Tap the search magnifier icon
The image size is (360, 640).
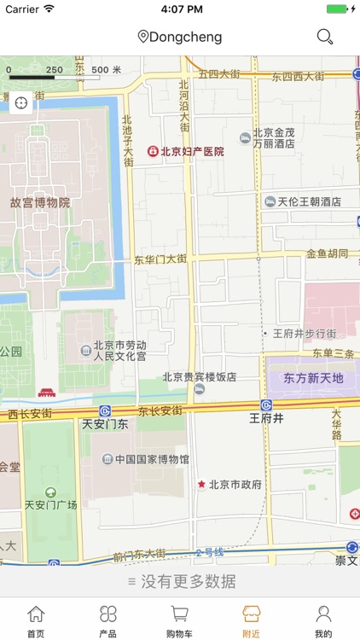click(325, 37)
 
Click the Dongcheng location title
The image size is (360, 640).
click(180, 37)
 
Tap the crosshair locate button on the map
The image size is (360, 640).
click(20, 102)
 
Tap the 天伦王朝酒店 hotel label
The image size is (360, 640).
click(310, 202)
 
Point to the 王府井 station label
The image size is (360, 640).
click(266, 418)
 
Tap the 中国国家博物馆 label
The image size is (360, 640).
click(152, 459)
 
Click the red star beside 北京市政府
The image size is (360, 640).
click(202, 485)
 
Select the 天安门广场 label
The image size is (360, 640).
click(50, 504)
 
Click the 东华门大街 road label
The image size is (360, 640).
click(160, 259)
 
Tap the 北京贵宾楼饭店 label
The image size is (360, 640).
click(200, 376)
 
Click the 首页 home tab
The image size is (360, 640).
click(36, 620)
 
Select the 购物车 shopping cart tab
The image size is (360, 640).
click(180, 620)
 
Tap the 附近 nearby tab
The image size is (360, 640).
click(252, 620)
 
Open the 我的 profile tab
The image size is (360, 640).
click(323, 620)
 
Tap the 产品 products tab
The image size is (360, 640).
click(107, 620)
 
